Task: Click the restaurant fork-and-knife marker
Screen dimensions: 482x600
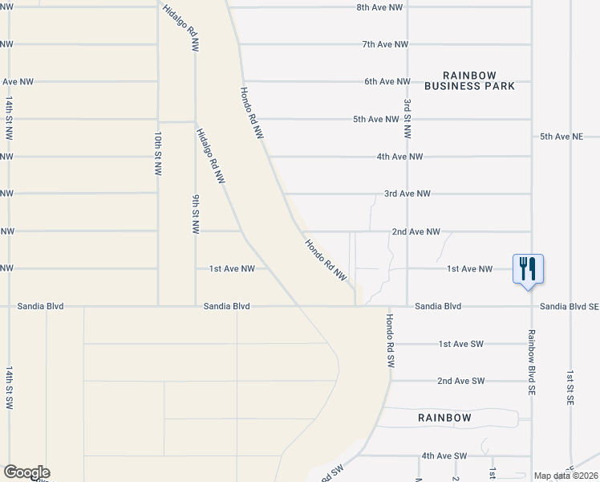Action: pos(528,268)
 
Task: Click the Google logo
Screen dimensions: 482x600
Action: pos(26,472)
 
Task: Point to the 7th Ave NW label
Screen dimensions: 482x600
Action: pos(386,44)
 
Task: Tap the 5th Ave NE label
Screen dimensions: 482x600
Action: pos(561,137)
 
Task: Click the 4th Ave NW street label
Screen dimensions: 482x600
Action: pos(399,157)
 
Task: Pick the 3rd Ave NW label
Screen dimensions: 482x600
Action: pos(407,194)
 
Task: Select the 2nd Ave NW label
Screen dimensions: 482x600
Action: pos(416,231)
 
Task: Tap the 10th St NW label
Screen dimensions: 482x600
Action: pos(158,154)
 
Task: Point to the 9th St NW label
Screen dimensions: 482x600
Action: pos(195,214)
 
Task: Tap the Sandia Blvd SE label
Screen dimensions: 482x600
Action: pos(569,306)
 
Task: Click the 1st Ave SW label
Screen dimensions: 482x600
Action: pos(461,344)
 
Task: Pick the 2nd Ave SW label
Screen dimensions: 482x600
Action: pos(461,381)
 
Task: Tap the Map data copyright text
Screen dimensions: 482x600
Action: pos(566,476)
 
